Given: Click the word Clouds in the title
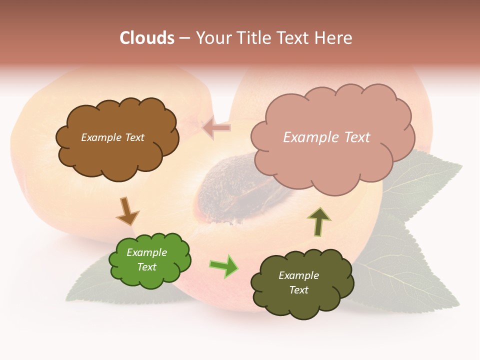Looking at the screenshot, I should [147, 38].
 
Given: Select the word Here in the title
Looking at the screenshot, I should [332, 38].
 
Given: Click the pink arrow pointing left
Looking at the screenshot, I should [216, 128].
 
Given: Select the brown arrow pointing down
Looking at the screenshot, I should [127, 211].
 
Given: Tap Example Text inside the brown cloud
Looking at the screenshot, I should [112, 137].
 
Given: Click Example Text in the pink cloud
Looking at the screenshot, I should [326, 137].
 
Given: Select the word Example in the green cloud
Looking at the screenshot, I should [147, 252].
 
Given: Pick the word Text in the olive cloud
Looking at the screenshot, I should [299, 290].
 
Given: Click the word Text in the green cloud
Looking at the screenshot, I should [147, 267].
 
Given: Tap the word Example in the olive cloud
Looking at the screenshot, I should [299, 275].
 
